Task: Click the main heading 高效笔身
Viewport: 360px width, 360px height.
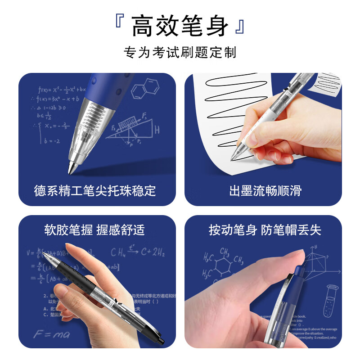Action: (180, 26)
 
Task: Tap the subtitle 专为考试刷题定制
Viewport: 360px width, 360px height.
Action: (180, 53)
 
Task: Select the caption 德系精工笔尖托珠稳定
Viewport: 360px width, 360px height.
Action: (95, 191)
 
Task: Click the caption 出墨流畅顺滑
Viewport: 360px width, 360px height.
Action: (265, 191)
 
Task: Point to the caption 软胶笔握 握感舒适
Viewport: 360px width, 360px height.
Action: (95, 230)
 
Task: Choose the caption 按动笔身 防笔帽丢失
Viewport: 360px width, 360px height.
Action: (265, 230)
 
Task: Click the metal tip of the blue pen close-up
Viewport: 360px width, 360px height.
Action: (72, 168)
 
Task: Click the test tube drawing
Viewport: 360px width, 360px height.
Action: (332, 300)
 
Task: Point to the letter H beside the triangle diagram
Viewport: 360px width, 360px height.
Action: (157, 130)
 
